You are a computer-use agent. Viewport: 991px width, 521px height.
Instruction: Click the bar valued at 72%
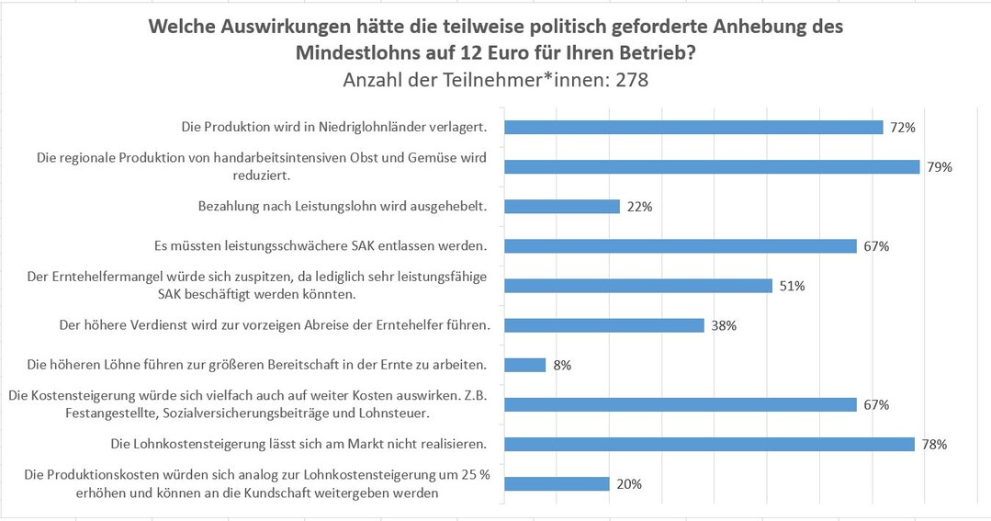[x=693, y=127]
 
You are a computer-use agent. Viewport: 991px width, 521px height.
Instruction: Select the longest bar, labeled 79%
[x=712, y=166]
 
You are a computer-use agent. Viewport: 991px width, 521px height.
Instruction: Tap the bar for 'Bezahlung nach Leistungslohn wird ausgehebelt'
[x=562, y=206]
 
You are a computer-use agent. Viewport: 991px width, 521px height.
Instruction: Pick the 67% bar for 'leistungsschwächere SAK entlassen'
[x=681, y=245]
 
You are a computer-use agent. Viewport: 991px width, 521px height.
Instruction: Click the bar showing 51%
[x=638, y=285]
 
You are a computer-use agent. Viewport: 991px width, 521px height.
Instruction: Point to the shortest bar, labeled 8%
[x=525, y=365]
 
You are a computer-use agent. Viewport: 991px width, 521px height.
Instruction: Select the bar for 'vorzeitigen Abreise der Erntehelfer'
[x=604, y=325]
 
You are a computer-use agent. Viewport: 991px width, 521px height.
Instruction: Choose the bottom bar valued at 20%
[x=557, y=483]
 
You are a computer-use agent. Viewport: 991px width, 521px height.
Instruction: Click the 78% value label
[x=934, y=445]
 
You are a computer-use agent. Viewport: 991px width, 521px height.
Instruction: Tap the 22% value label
[x=639, y=207]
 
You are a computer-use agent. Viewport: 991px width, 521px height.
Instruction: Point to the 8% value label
[x=562, y=366]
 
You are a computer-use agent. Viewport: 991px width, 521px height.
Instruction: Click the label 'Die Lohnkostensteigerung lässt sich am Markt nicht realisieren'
[x=298, y=445]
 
